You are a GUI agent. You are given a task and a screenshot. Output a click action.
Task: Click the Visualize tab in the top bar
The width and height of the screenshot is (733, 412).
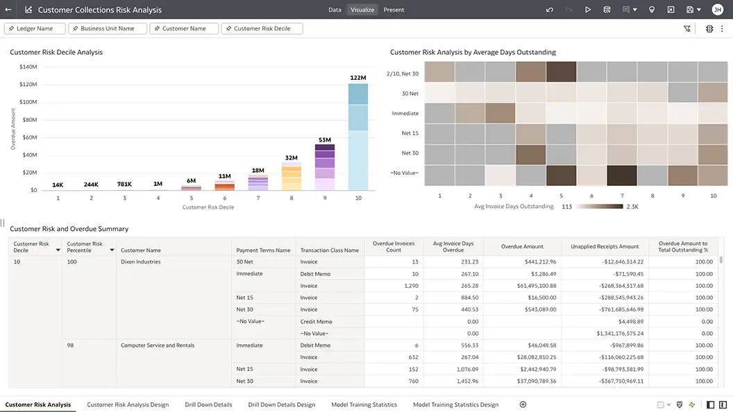362,10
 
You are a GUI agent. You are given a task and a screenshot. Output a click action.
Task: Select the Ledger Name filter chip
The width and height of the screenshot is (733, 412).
35,28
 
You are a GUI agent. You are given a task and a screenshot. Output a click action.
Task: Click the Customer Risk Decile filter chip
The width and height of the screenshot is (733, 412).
262,28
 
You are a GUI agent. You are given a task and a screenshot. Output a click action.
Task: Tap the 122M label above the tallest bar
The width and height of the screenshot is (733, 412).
358,78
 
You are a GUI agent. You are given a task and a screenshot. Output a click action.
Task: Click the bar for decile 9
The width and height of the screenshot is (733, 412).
325,167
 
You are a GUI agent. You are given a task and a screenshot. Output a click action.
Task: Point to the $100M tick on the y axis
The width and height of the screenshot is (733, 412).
28,102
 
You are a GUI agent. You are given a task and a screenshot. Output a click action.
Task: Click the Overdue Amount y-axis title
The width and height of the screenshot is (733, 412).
13,129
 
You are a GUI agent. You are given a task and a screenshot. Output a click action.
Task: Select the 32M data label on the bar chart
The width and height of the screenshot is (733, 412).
292,158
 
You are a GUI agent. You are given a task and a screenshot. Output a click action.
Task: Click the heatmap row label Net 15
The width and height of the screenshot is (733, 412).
410,133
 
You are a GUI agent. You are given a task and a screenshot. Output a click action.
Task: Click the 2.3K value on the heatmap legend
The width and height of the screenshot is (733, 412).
632,207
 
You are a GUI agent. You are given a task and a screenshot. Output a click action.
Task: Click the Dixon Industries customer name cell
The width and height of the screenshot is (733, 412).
140,262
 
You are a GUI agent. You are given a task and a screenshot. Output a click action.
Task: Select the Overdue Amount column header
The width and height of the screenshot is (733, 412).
522,246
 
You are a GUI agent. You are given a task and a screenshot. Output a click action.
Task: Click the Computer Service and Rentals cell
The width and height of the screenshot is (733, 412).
157,345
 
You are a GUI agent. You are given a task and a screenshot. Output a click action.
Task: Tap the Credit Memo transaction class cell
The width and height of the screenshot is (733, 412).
316,322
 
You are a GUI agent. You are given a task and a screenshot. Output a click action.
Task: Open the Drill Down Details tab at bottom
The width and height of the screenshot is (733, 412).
208,404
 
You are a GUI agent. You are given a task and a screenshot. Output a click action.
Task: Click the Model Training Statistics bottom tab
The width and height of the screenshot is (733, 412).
364,404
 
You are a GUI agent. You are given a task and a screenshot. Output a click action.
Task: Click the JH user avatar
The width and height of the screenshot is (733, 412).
717,10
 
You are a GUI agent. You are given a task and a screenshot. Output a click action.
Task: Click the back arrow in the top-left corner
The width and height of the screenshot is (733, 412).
8,10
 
